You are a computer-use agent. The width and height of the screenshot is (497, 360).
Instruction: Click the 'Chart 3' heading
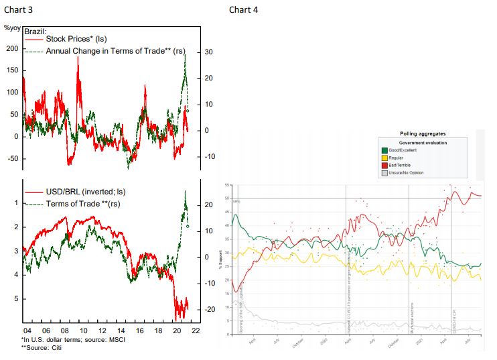tap(19, 9)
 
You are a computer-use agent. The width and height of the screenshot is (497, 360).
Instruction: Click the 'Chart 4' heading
tap(243, 9)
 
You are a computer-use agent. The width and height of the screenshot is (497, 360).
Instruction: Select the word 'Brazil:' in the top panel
tap(37, 32)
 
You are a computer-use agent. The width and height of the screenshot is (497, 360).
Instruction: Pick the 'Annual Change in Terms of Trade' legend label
tap(111, 52)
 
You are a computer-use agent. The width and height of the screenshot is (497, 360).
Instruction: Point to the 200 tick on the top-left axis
tap(11, 50)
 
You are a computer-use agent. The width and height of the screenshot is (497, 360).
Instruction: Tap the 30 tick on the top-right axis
tap(208, 52)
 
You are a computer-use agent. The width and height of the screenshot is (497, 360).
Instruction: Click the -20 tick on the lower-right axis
tap(210, 309)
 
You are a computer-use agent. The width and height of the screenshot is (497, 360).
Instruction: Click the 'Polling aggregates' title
tap(423, 134)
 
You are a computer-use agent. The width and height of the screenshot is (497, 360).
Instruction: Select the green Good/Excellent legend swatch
tap(383, 150)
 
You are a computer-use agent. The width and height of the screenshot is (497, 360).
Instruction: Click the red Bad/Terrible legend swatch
tap(383, 166)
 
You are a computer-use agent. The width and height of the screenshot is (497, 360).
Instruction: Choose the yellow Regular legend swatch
tap(383, 158)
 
